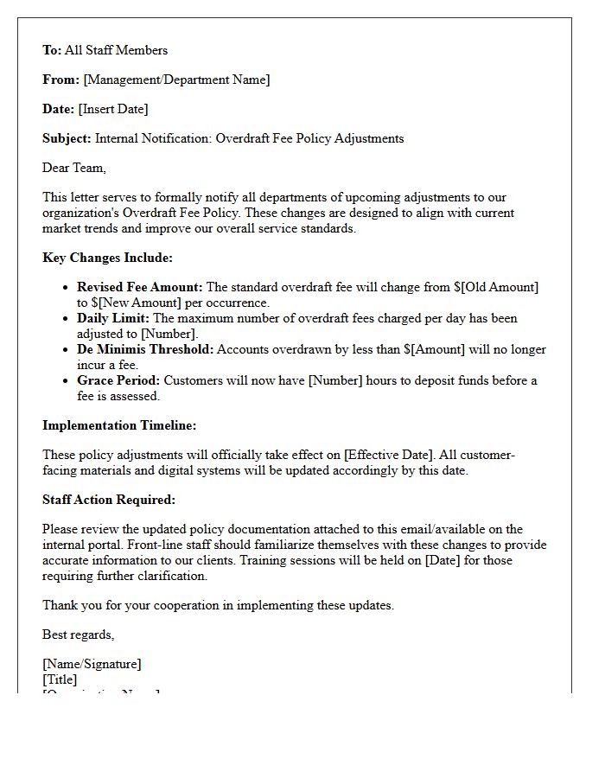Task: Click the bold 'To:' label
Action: pos(52,50)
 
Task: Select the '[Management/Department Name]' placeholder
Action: pos(176,80)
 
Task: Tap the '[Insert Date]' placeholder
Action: pos(112,109)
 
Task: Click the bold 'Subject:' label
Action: pos(67,138)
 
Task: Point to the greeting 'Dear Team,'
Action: pos(74,168)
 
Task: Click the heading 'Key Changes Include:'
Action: pos(107,258)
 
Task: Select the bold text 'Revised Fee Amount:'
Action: pos(140,287)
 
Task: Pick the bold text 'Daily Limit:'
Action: pos(113,318)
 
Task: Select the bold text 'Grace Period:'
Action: pos(118,380)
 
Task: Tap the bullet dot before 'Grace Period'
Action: pos(66,380)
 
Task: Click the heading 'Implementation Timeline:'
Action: pos(119,425)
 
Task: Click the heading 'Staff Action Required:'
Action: pos(109,500)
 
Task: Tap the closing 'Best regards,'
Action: pos(78,635)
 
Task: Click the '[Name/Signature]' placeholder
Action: pos(92,664)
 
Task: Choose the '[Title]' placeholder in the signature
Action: pos(60,679)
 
